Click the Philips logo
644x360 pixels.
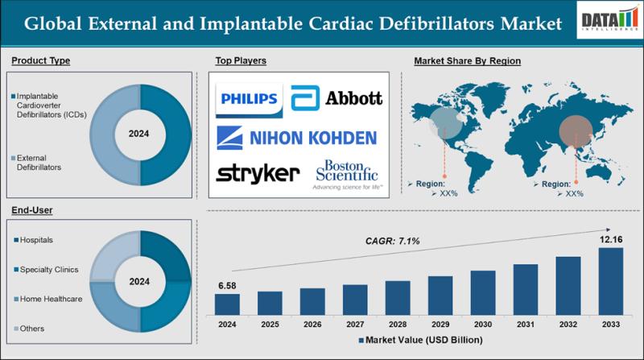click(249, 100)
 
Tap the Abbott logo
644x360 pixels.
click(336, 100)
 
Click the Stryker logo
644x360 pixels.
click(250, 173)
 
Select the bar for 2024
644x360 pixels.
click(227, 304)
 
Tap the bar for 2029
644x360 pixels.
click(440, 295)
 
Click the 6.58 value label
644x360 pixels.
click(227, 286)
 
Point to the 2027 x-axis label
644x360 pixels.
click(355, 324)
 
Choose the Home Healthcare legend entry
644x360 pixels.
click(50, 300)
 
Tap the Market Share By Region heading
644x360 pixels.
click(468, 61)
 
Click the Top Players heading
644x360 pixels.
click(241, 61)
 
